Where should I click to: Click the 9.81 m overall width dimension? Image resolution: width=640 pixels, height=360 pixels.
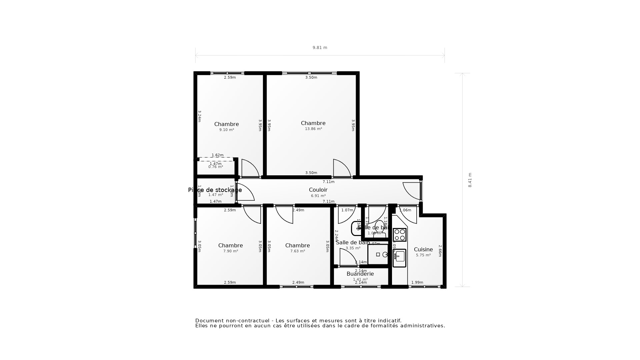pyautogui.click(x=320, y=48)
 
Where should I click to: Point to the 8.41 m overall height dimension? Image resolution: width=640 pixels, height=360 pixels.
pyautogui.click(x=470, y=180)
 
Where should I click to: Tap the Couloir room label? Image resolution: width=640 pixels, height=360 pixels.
pyautogui.click(x=318, y=190)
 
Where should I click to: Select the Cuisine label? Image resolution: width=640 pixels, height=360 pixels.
pyautogui.click(x=423, y=249)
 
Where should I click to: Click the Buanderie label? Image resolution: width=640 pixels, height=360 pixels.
pyautogui.click(x=360, y=274)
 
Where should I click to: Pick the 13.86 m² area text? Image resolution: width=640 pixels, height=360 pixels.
pyautogui.click(x=313, y=129)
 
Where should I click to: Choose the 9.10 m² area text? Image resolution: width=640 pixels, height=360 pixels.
pyautogui.click(x=226, y=130)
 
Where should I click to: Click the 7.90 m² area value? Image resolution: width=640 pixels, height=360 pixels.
pyautogui.click(x=230, y=251)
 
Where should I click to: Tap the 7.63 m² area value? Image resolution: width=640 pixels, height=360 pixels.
pyautogui.click(x=297, y=251)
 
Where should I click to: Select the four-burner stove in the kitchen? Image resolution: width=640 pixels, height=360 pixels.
pyautogui.click(x=399, y=235)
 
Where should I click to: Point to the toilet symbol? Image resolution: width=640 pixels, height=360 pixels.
pyautogui.click(x=379, y=228)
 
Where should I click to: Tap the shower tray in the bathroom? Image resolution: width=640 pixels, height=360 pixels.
pyautogui.click(x=378, y=254)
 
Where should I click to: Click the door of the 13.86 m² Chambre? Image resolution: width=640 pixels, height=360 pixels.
pyautogui.click(x=342, y=168)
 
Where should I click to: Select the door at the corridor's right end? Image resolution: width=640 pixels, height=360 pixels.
pyautogui.click(x=412, y=191)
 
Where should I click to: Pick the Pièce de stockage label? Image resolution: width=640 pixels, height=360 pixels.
pyautogui.click(x=215, y=190)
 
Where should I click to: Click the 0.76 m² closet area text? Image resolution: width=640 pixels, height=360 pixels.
pyautogui.click(x=215, y=167)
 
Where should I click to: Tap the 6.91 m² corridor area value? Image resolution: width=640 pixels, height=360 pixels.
pyautogui.click(x=318, y=196)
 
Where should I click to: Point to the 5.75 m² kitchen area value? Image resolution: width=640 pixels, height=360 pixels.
pyautogui.click(x=423, y=255)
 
